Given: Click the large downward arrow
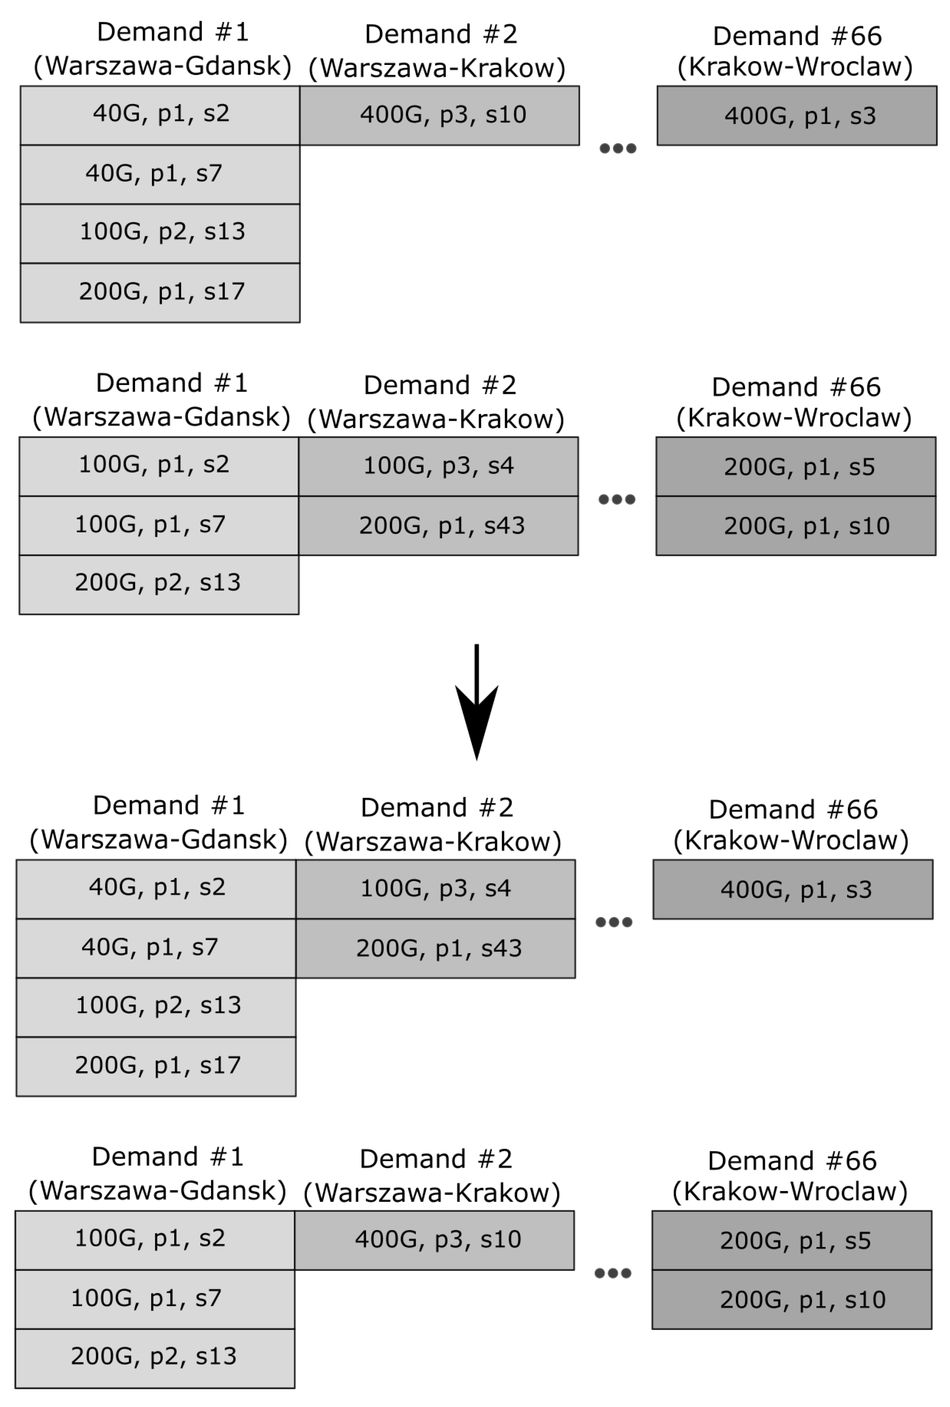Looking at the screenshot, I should coord(477,702).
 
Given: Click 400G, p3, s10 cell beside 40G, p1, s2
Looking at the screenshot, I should coord(440,115).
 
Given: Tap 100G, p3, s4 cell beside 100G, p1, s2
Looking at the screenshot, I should coord(438,466).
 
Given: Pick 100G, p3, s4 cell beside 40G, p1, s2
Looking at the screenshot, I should coord(435,889).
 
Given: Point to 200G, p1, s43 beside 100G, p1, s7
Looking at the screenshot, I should coord(438,526).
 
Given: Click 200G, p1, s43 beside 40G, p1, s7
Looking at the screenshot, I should coord(435,948).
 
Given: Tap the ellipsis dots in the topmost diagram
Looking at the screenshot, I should coord(617,148).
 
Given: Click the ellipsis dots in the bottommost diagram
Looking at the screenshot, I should coord(613,1273).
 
